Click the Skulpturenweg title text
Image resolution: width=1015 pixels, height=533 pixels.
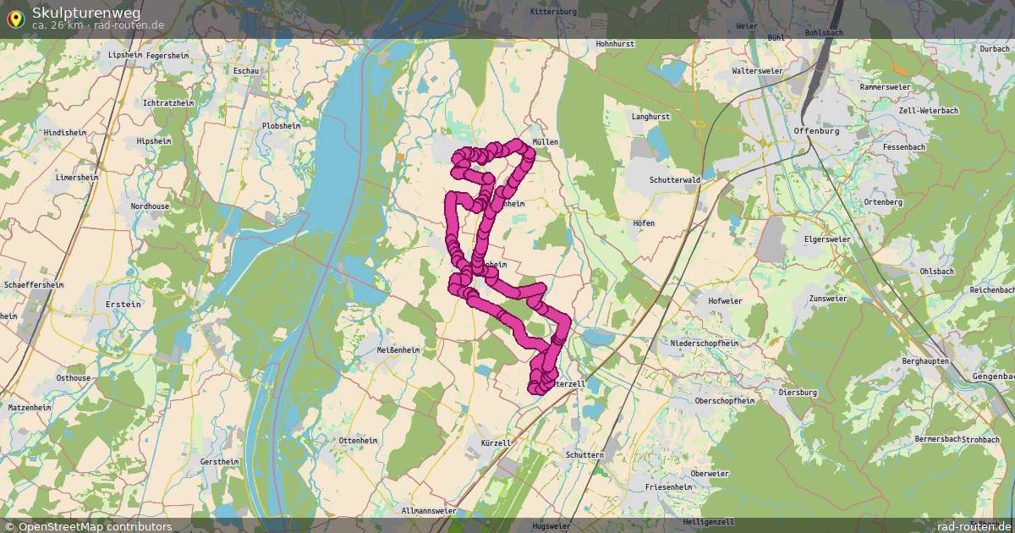(x=86, y=12)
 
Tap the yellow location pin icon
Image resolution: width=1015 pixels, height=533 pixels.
(x=15, y=17)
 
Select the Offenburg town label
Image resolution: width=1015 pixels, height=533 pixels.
(x=816, y=131)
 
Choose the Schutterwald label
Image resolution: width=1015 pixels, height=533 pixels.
(x=674, y=180)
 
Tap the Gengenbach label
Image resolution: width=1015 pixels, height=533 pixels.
(x=993, y=376)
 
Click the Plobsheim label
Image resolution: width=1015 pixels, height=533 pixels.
(x=282, y=125)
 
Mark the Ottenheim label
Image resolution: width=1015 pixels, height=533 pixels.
(x=358, y=441)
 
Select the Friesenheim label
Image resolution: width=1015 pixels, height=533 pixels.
(x=668, y=487)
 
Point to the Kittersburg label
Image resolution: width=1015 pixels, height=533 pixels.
(x=552, y=12)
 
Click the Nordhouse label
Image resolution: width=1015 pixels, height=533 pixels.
(x=150, y=206)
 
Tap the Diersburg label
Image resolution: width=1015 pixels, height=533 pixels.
(x=797, y=393)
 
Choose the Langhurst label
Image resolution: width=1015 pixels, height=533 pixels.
(x=650, y=116)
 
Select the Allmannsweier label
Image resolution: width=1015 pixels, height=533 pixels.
(x=429, y=511)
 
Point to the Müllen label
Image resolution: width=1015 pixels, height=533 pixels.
(x=545, y=142)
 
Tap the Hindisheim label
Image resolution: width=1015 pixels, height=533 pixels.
(x=65, y=133)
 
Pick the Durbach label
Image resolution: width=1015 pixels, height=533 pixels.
(x=995, y=49)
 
